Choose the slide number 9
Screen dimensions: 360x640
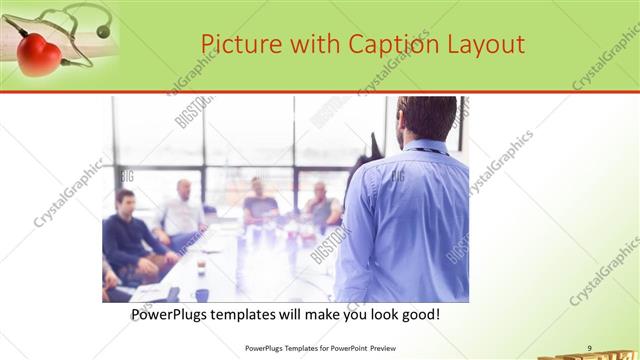pyautogui.click(x=590, y=347)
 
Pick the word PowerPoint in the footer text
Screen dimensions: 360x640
pyautogui.click(x=347, y=348)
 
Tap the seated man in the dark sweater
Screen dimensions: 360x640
pyautogui.click(x=127, y=235)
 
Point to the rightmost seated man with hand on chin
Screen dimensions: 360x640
pyautogui.click(x=321, y=204)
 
